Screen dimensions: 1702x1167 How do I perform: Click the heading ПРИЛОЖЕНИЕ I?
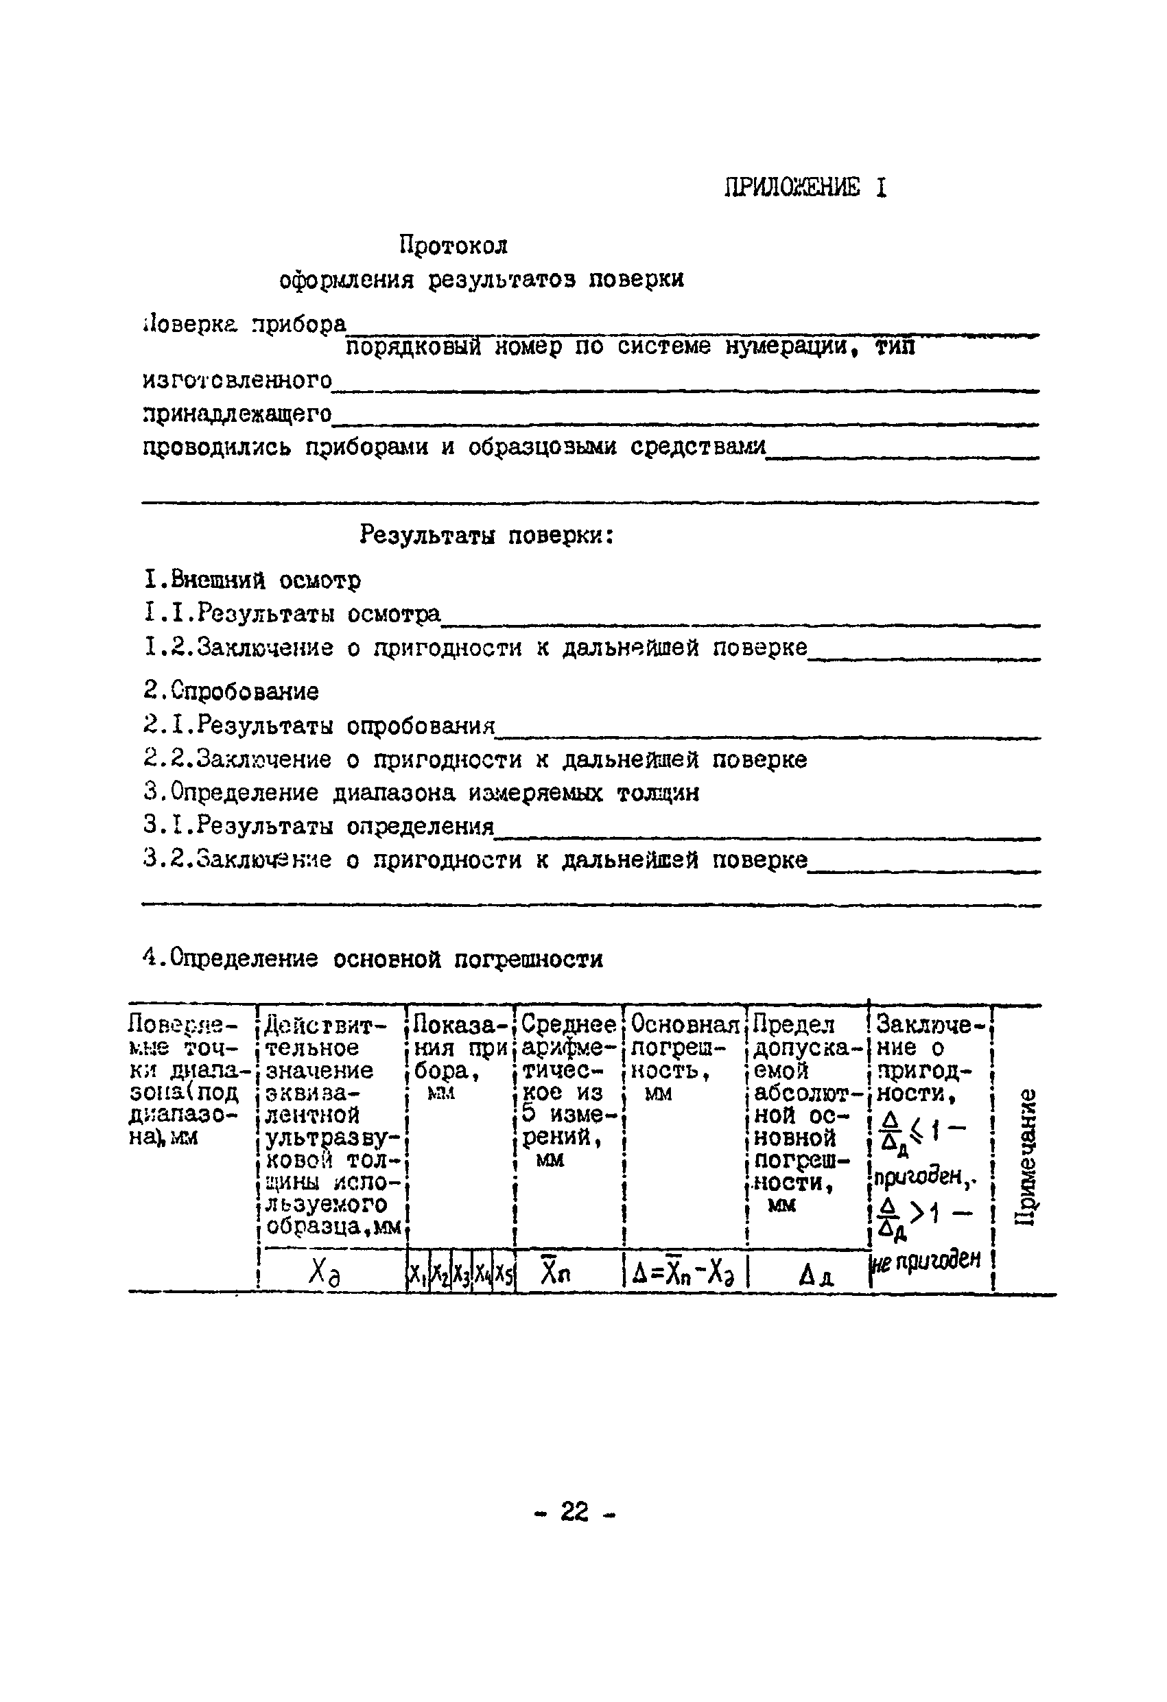pyautogui.click(x=805, y=188)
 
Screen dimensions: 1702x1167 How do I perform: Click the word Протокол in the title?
pyautogui.click(x=453, y=245)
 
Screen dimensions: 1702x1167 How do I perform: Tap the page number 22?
pyautogui.click(x=575, y=1511)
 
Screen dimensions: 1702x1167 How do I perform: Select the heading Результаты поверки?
pyautogui.click(x=486, y=535)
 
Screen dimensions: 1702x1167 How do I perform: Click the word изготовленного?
pyautogui.click(x=237, y=379)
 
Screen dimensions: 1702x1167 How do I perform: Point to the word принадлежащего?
pyautogui.click(x=237, y=414)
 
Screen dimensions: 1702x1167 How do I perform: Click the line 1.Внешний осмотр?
pyautogui.click(x=252, y=581)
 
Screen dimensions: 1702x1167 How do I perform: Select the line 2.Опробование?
pyautogui.click(x=231, y=691)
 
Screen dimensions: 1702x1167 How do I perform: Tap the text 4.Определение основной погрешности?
pyautogui.click(x=373, y=958)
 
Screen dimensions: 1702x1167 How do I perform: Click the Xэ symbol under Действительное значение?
pyautogui.click(x=323, y=1275)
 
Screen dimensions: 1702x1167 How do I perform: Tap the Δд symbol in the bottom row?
pyautogui.click(x=814, y=1277)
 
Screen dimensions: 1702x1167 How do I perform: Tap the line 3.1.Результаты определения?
pyautogui.click(x=318, y=826)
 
